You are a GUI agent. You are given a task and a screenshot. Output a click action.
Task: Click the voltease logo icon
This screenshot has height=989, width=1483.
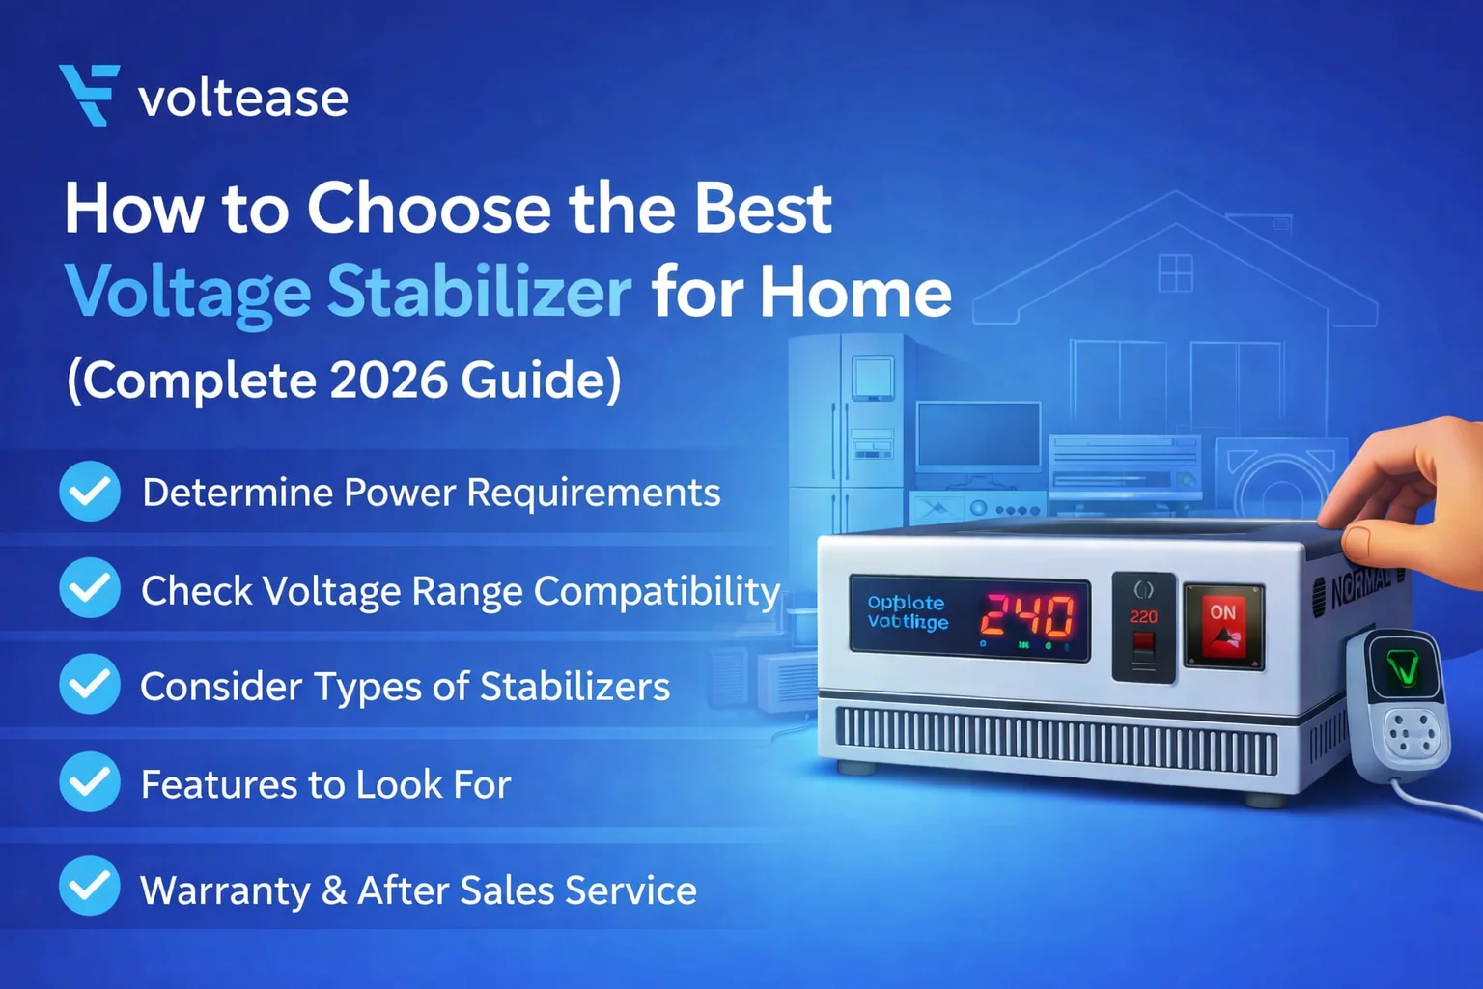[90, 95]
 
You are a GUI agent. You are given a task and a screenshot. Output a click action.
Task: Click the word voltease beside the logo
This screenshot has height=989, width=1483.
[243, 99]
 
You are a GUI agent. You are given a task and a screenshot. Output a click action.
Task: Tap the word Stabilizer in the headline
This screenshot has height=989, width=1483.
[479, 292]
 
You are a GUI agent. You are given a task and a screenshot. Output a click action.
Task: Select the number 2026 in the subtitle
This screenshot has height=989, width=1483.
[389, 380]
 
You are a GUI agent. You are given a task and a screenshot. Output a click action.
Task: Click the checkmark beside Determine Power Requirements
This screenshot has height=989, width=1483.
[90, 492]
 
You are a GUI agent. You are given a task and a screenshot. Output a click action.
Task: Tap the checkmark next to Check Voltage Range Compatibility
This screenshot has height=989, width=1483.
[90, 588]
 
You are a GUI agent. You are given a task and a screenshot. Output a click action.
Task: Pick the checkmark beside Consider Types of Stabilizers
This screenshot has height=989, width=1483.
[90, 684]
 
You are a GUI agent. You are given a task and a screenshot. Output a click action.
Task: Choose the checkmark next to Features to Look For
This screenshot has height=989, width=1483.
[90, 781]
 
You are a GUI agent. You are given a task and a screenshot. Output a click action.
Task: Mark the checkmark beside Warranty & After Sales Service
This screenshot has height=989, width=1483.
[90, 886]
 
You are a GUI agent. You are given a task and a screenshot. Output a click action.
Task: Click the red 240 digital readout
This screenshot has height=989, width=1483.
[1027, 616]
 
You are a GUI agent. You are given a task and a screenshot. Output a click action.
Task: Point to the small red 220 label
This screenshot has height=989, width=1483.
[1143, 616]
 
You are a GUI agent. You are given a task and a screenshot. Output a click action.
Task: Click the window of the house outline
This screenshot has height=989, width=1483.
[1175, 272]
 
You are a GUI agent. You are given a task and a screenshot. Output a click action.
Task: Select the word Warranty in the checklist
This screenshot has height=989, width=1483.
[225, 890]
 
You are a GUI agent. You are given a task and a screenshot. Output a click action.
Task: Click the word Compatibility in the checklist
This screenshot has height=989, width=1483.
[657, 591]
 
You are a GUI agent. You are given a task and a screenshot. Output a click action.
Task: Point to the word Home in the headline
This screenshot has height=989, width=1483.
[855, 292]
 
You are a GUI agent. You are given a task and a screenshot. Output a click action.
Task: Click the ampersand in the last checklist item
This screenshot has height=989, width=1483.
[334, 890]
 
